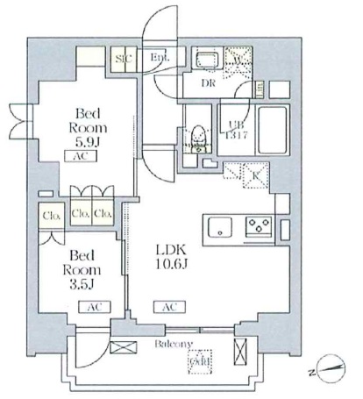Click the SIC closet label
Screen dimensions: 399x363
click(x=124, y=59)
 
